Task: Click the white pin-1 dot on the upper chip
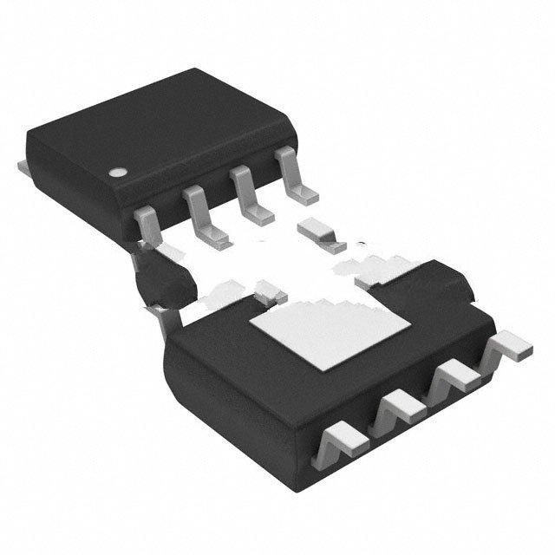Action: [116, 171]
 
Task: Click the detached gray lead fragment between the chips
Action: [317, 232]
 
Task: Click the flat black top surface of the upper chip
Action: [156, 121]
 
